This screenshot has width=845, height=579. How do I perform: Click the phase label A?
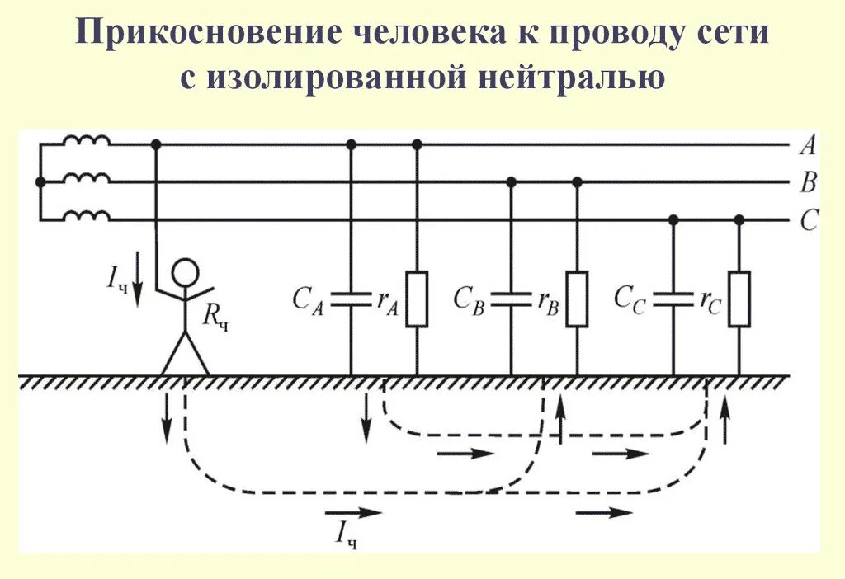pyautogui.click(x=808, y=146)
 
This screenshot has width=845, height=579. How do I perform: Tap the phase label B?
pyautogui.click(x=808, y=183)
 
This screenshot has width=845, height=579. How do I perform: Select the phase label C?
pyautogui.click(x=809, y=221)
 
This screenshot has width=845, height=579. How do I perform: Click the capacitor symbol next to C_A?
pyautogui.click(x=352, y=299)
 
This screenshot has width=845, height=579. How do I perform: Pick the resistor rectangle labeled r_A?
pyautogui.click(x=417, y=299)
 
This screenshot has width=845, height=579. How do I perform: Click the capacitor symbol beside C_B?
pyautogui.click(x=512, y=299)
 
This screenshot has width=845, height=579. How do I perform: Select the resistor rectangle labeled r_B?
pyautogui.click(x=577, y=299)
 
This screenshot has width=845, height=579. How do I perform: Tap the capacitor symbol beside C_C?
pyautogui.click(x=673, y=299)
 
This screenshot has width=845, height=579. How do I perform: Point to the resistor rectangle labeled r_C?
pyautogui.click(x=739, y=299)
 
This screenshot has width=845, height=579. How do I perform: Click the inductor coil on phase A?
pyautogui.click(x=87, y=141)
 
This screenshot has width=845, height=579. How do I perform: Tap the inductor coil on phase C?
pyautogui.click(x=87, y=216)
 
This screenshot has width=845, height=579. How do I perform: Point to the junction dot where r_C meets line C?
pyautogui.click(x=739, y=220)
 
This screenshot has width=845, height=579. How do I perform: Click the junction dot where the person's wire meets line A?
pyautogui.click(x=157, y=144)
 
